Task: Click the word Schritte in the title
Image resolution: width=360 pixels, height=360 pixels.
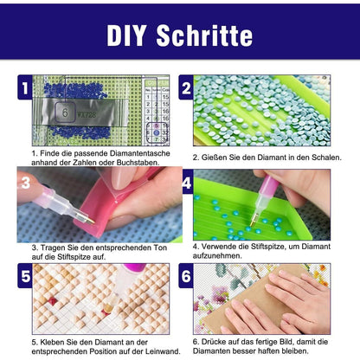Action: point(204,35)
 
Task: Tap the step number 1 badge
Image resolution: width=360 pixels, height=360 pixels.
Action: point(25,87)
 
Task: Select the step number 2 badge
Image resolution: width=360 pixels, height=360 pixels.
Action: point(186,87)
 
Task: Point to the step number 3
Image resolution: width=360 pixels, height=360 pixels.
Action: point(25,183)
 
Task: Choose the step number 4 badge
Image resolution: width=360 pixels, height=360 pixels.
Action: point(187,183)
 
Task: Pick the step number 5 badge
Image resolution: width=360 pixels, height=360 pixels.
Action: point(25,276)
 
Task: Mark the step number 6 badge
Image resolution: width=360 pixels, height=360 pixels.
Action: point(186,276)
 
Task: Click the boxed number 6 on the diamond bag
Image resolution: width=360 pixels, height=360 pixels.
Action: point(65,112)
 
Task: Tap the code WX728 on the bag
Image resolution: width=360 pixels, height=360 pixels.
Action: point(87,114)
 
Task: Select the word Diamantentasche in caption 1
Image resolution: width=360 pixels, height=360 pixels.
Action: point(140,153)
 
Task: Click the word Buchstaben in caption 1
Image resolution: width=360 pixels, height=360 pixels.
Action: point(138,163)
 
